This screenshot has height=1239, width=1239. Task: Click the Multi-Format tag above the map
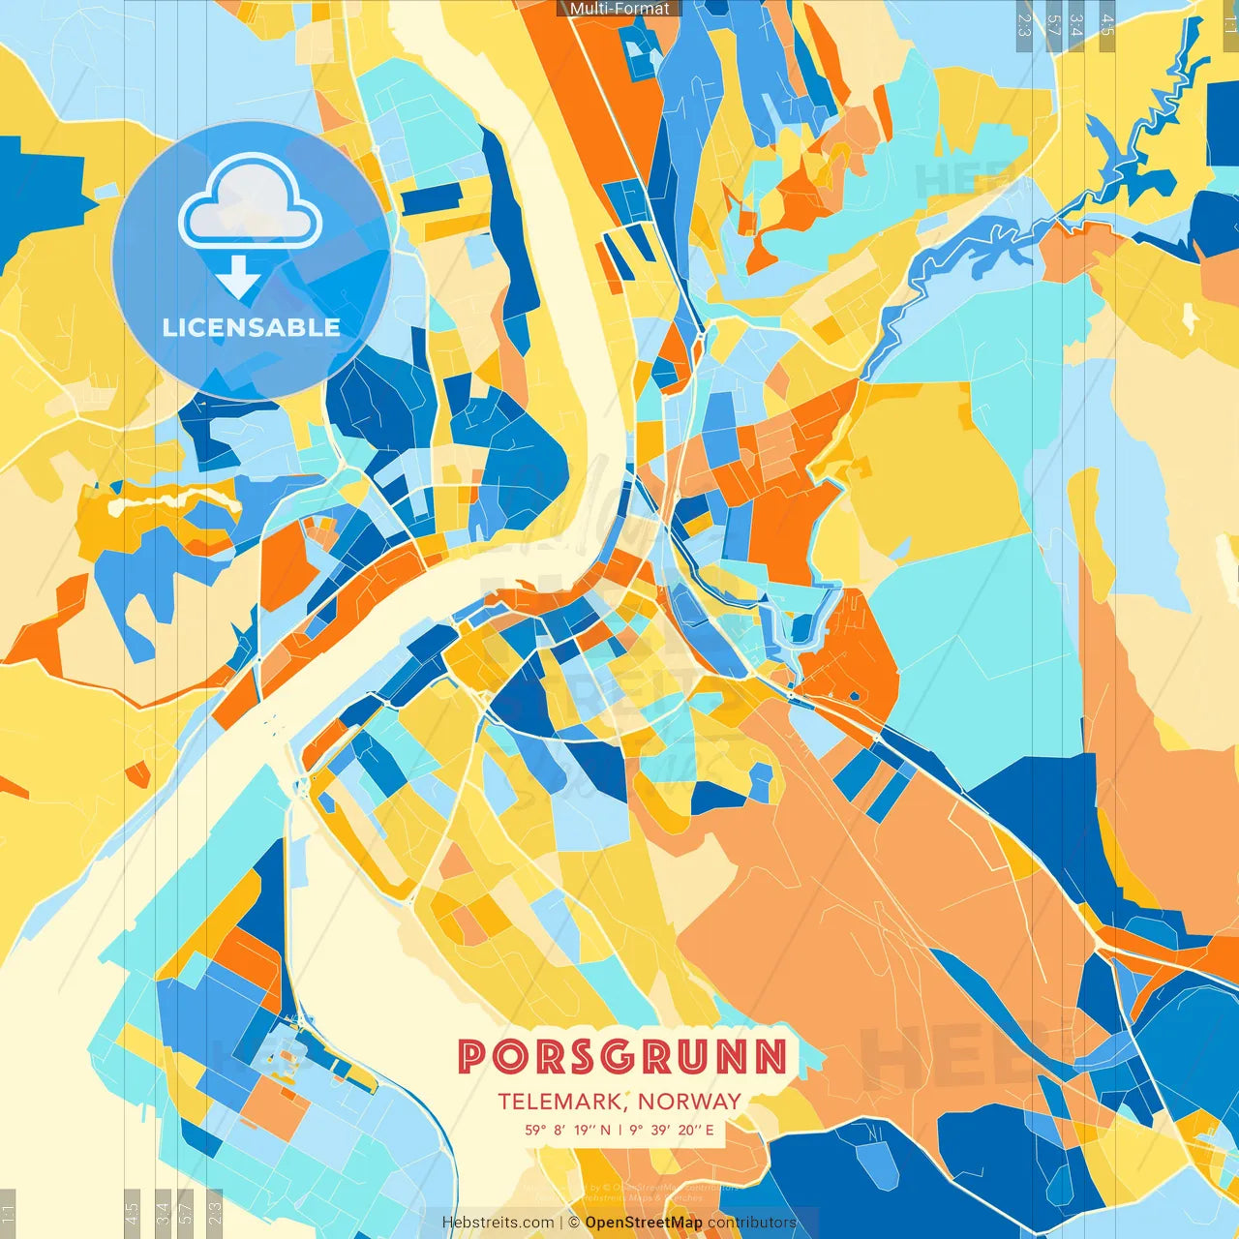click(619, 9)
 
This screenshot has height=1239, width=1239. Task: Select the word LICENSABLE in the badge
click(252, 327)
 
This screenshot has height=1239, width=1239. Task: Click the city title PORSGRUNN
click(622, 1057)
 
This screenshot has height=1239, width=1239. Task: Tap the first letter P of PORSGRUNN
click(472, 1057)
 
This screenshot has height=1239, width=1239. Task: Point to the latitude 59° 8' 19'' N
click(568, 1130)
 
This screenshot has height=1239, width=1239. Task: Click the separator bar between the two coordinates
click(619, 1130)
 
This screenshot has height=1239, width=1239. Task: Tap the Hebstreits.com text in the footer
click(498, 1223)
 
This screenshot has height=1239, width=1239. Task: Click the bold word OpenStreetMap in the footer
click(644, 1223)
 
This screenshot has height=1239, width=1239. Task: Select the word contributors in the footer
click(752, 1223)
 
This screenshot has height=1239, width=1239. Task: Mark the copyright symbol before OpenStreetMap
click(574, 1223)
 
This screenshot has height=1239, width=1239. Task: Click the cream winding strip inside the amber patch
click(174, 500)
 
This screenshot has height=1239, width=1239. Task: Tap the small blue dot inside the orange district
click(855, 695)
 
